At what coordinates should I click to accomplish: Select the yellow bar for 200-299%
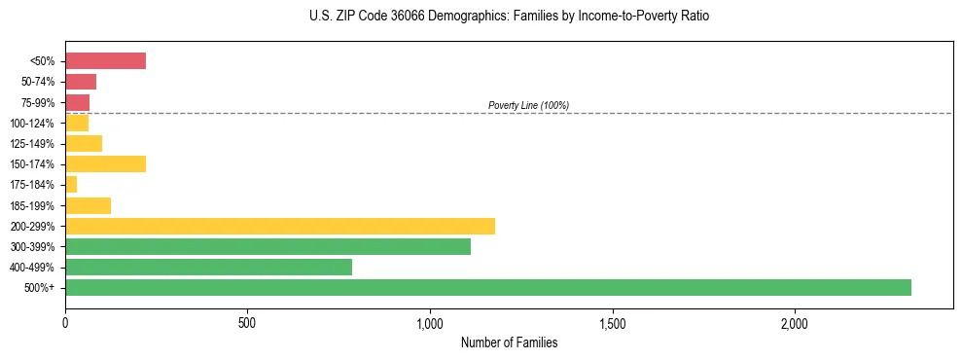(280, 226)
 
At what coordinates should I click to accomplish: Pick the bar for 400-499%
(208, 268)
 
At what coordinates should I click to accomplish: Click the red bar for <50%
(105, 61)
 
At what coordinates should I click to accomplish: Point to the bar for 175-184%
(71, 185)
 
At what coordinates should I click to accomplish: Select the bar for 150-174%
(105, 164)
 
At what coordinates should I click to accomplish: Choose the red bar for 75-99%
(77, 102)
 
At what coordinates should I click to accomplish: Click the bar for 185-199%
(88, 205)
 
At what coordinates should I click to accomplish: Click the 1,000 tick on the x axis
(430, 322)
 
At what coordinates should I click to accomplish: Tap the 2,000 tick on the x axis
(795, 322)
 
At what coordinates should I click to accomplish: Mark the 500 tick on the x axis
(247, 322)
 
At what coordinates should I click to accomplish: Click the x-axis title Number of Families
(509, 342)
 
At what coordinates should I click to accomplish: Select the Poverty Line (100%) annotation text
(528, 105)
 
